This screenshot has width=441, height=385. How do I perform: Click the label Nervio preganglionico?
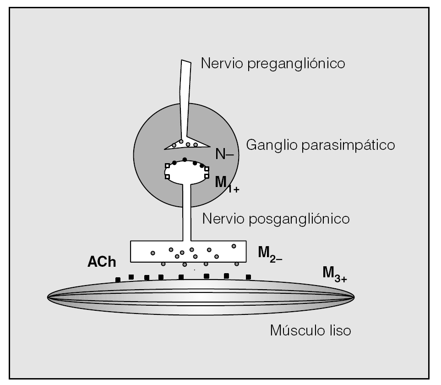[273, 64]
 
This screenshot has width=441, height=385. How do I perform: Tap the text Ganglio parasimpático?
[321, 146]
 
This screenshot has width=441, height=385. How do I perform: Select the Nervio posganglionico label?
[276, 218]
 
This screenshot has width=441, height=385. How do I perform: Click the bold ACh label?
[101, 262]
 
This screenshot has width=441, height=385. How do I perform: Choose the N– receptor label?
[224, 154]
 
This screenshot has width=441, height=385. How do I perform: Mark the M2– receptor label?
[270, 253]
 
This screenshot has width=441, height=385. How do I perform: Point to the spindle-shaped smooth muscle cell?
[201, 297]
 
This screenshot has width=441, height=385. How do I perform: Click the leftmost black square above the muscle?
[118, 280]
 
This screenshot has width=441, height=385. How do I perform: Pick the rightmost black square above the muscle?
[248, 277]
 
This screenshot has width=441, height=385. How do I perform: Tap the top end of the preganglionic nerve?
[185, 63]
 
